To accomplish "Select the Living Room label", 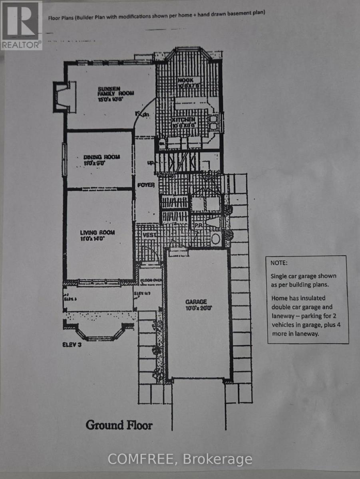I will pos(97,233).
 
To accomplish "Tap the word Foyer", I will pos(146,185).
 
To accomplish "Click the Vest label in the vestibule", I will pos(149,236).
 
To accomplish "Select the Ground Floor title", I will pos(119,425).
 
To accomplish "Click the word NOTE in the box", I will pos(279,263).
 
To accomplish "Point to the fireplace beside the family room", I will pos(60,96).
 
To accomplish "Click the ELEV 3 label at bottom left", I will pos(72,345).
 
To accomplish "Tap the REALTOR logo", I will pos(21,25).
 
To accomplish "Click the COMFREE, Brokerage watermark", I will pos(180,459).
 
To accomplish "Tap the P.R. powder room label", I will pos(198,226).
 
